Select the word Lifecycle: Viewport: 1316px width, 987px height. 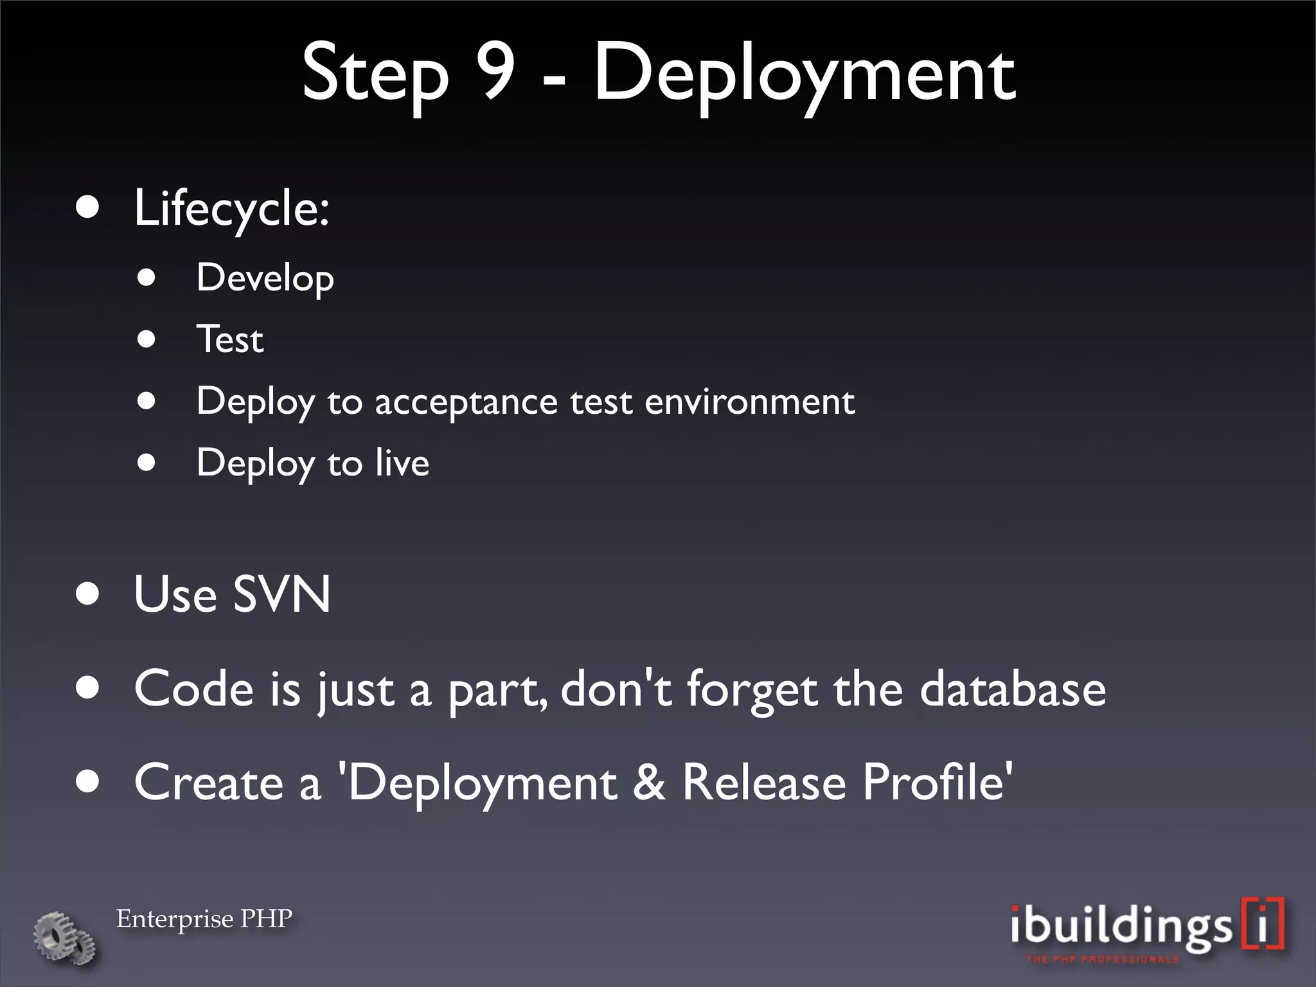231,209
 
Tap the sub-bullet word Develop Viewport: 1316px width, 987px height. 265,278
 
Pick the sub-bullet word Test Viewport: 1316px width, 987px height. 230,339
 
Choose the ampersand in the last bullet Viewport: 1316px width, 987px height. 650,783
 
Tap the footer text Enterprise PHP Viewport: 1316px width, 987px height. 204,919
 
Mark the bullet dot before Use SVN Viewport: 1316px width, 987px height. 87,594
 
